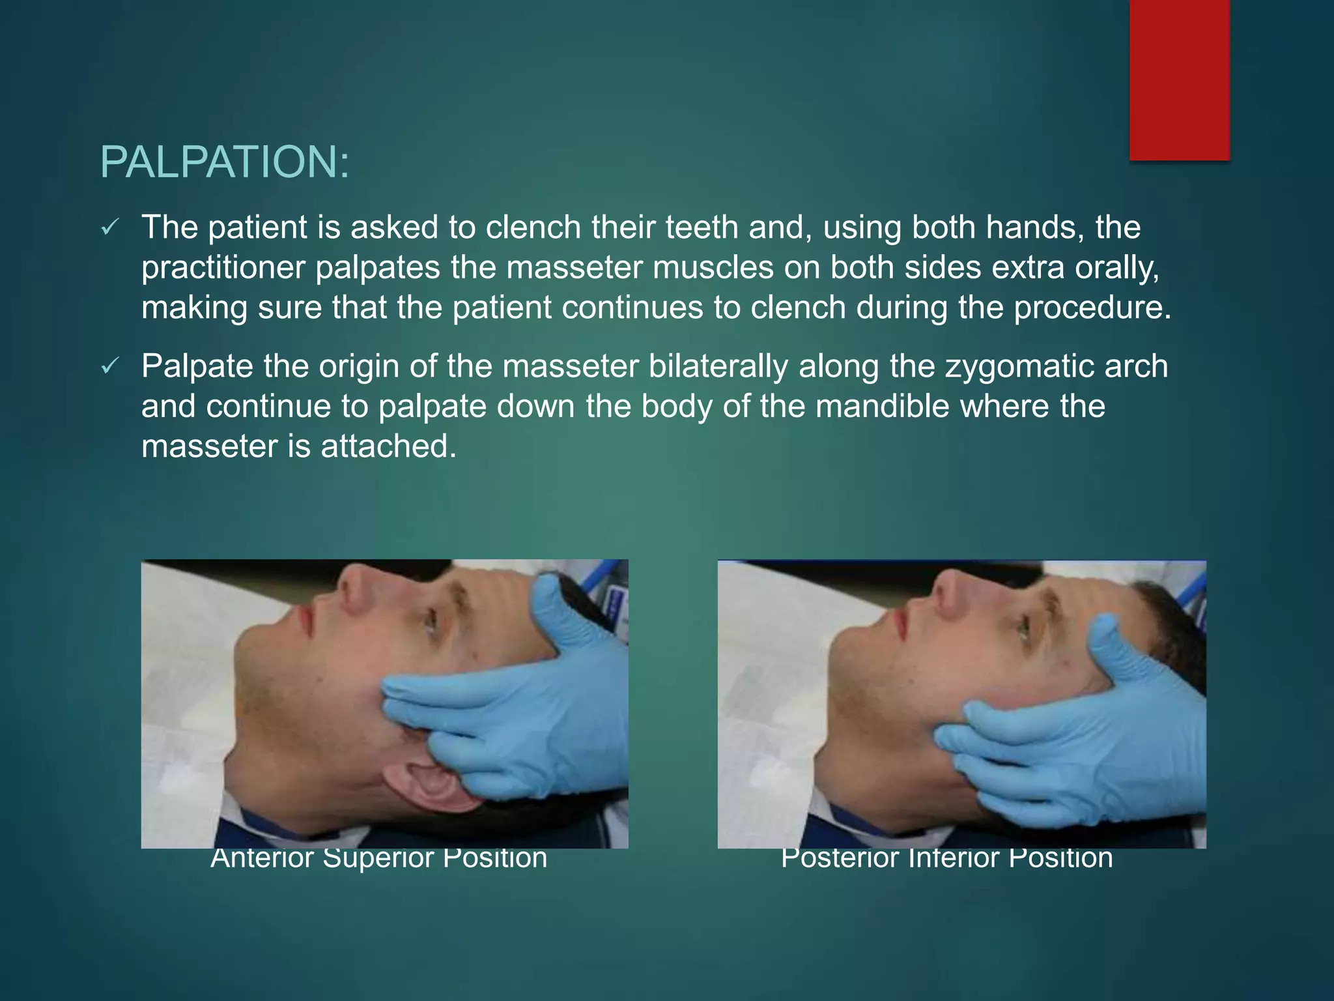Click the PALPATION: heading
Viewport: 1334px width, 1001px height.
225,162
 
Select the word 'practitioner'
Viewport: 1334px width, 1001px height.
223,268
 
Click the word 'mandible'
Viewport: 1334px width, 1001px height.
932,406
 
